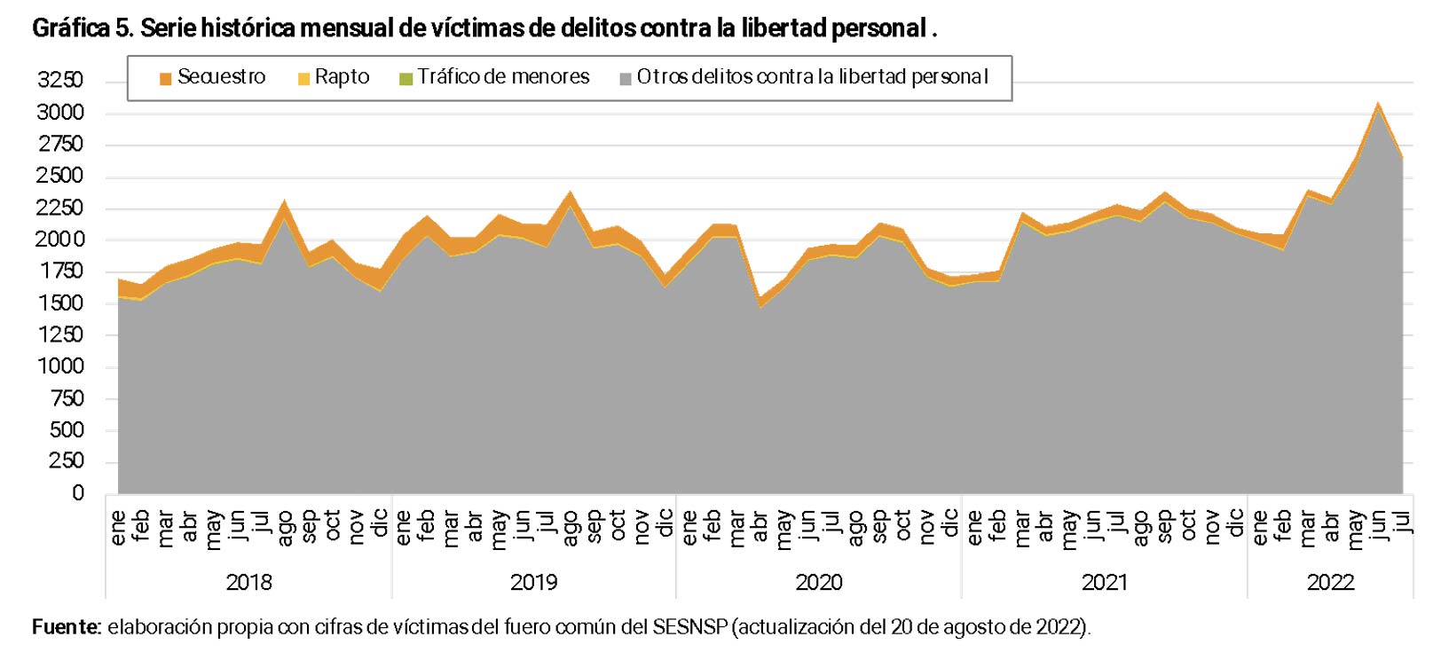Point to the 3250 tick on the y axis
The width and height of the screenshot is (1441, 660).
(60, 81)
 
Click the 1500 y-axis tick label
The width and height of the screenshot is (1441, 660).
(60, 303)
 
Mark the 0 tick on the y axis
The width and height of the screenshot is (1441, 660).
(78, 493)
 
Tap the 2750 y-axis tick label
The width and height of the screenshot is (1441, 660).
(60, 145)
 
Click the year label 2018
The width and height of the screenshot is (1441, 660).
(248, 583)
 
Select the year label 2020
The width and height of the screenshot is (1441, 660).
(818, 583)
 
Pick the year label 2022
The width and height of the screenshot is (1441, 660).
(1330, 583)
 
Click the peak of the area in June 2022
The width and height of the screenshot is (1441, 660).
(1378, 105)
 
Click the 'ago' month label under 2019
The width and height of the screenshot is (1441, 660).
(570, 528)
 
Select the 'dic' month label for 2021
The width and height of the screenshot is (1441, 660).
(1235, 523)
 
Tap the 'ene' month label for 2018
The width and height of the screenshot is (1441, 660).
(118, 527)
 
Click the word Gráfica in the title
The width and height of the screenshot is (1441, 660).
(70, 28)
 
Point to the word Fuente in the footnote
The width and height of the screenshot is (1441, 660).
(67, 628)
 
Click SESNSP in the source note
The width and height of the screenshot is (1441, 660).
(690, 628)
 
